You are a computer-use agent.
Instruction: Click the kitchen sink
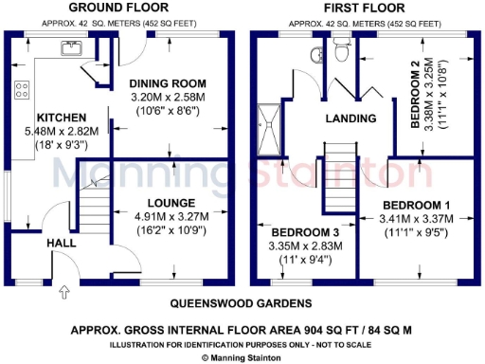point(69,46)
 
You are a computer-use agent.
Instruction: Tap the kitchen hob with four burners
point(20,89)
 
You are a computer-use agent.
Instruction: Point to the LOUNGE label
point(171,203)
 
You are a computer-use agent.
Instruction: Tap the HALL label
point(62,244)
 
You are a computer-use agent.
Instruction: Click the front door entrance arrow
point(63,292)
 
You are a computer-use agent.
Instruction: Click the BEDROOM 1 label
point(416,205)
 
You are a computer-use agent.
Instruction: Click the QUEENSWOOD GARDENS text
point(241,303)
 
